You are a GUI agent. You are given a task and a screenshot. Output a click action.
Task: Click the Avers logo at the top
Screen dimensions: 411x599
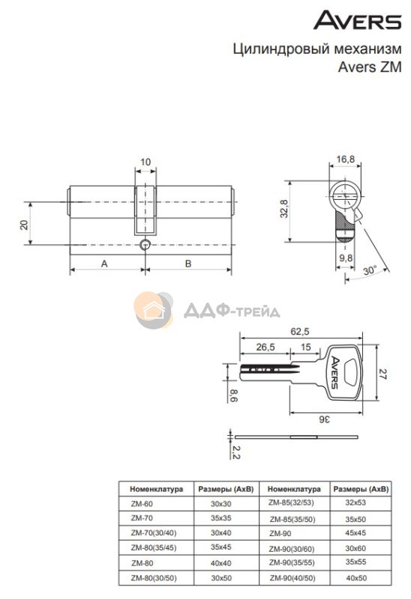coord(358,20)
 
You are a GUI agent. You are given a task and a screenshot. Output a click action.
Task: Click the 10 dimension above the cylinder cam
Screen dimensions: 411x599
coord(145,162)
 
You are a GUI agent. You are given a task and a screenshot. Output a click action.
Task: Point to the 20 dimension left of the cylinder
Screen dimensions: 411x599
coord(25,224)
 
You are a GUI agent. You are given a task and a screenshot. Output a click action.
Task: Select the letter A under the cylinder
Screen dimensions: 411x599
coord(104,264)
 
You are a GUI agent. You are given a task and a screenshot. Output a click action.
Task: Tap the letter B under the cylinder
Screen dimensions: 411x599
coord(188,264)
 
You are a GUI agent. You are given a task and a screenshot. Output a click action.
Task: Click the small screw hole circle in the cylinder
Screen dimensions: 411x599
coord(145,245)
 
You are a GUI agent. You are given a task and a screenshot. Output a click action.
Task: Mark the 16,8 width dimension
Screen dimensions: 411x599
coord(346,159)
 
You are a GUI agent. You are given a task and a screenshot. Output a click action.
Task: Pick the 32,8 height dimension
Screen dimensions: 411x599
coord(284,209)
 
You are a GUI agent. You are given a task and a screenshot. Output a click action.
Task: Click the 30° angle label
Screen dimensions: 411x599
coord(370,270)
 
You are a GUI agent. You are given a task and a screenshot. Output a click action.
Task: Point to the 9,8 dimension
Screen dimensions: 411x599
coord(346,258)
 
